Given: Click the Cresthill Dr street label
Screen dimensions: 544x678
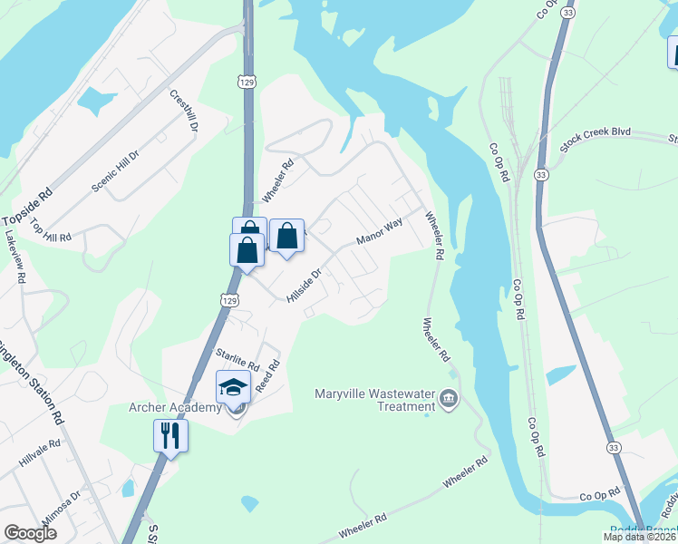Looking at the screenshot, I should click(x=183, y=111).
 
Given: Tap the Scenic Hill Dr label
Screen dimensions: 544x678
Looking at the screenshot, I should click(x=115, y=170).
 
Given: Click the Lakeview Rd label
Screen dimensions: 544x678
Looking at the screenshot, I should click(x=15, y=257).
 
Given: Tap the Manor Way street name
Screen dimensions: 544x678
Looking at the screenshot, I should click(x=379, y=232).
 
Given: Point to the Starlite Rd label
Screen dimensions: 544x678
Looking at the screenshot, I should click(x=237, y=360).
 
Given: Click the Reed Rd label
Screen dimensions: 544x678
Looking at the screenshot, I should click(x=267, y=375).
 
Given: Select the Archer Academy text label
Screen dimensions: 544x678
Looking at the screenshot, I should click(x=176, y=408).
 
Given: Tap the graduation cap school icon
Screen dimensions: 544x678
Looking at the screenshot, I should click(x=233, y=387).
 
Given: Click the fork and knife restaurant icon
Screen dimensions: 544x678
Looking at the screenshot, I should click(x=170, y=435).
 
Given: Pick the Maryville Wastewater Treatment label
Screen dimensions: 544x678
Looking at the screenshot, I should click(x=371, y=400).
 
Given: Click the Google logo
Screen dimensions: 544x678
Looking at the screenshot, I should click(x=30, y=533).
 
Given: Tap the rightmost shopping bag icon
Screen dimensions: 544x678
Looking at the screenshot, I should click(x=286, y=237).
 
